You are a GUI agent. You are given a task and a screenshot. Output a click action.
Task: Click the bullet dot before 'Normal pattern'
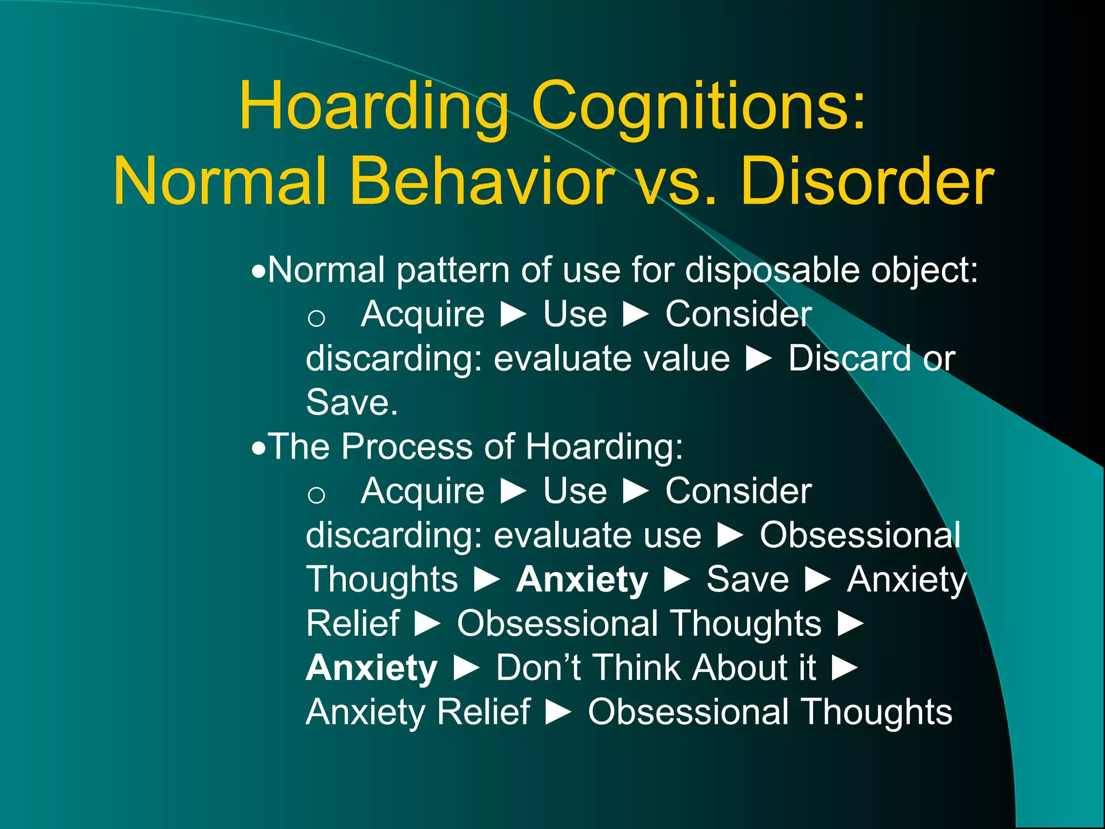(259, 270)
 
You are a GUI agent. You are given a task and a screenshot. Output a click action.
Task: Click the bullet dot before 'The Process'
(259, 447)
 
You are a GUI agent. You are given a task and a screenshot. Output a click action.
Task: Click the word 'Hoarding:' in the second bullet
(604, 447)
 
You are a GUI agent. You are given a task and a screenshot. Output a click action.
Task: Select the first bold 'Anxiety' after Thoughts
(582, 579)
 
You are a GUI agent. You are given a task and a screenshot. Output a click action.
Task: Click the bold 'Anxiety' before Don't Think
(372, 668)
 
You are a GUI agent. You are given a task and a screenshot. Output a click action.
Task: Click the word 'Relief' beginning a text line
(353, 623)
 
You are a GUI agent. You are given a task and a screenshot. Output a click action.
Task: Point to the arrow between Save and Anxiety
(818, 580)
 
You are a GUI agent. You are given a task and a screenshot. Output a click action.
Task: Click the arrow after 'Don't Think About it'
(845, 668)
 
